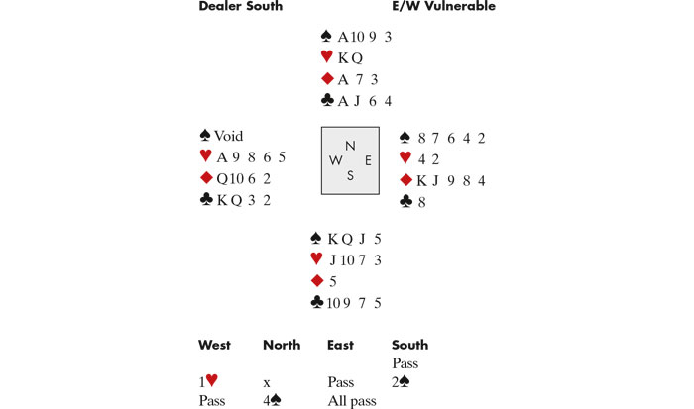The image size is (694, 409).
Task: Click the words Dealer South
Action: click(x=241, y=7)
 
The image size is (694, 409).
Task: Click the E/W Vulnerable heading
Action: click(x=444, y=7)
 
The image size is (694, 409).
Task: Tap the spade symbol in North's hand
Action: click(x=327, y=36)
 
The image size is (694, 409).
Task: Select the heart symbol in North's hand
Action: click(x=327, y=57)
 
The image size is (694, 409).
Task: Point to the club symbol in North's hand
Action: click(x=327, y=100)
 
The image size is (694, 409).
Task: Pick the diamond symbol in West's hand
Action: click(x=206, y=178)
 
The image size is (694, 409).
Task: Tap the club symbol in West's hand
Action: click(x=206, y=199)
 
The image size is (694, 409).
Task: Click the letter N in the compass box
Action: click(x=349, y=144)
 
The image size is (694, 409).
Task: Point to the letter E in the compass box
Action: click(x=368, y=160)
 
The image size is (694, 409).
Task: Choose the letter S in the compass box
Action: click(x=349, y=176)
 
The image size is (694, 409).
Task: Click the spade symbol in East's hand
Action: click(x=405, y=137)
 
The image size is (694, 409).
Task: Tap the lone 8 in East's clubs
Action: click(x=421, y=201)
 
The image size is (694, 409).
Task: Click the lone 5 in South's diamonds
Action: click(x=333, y=281)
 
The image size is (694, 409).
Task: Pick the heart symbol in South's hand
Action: click(x=316, y=259)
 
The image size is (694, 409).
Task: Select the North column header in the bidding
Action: click(x=282, y=345)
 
